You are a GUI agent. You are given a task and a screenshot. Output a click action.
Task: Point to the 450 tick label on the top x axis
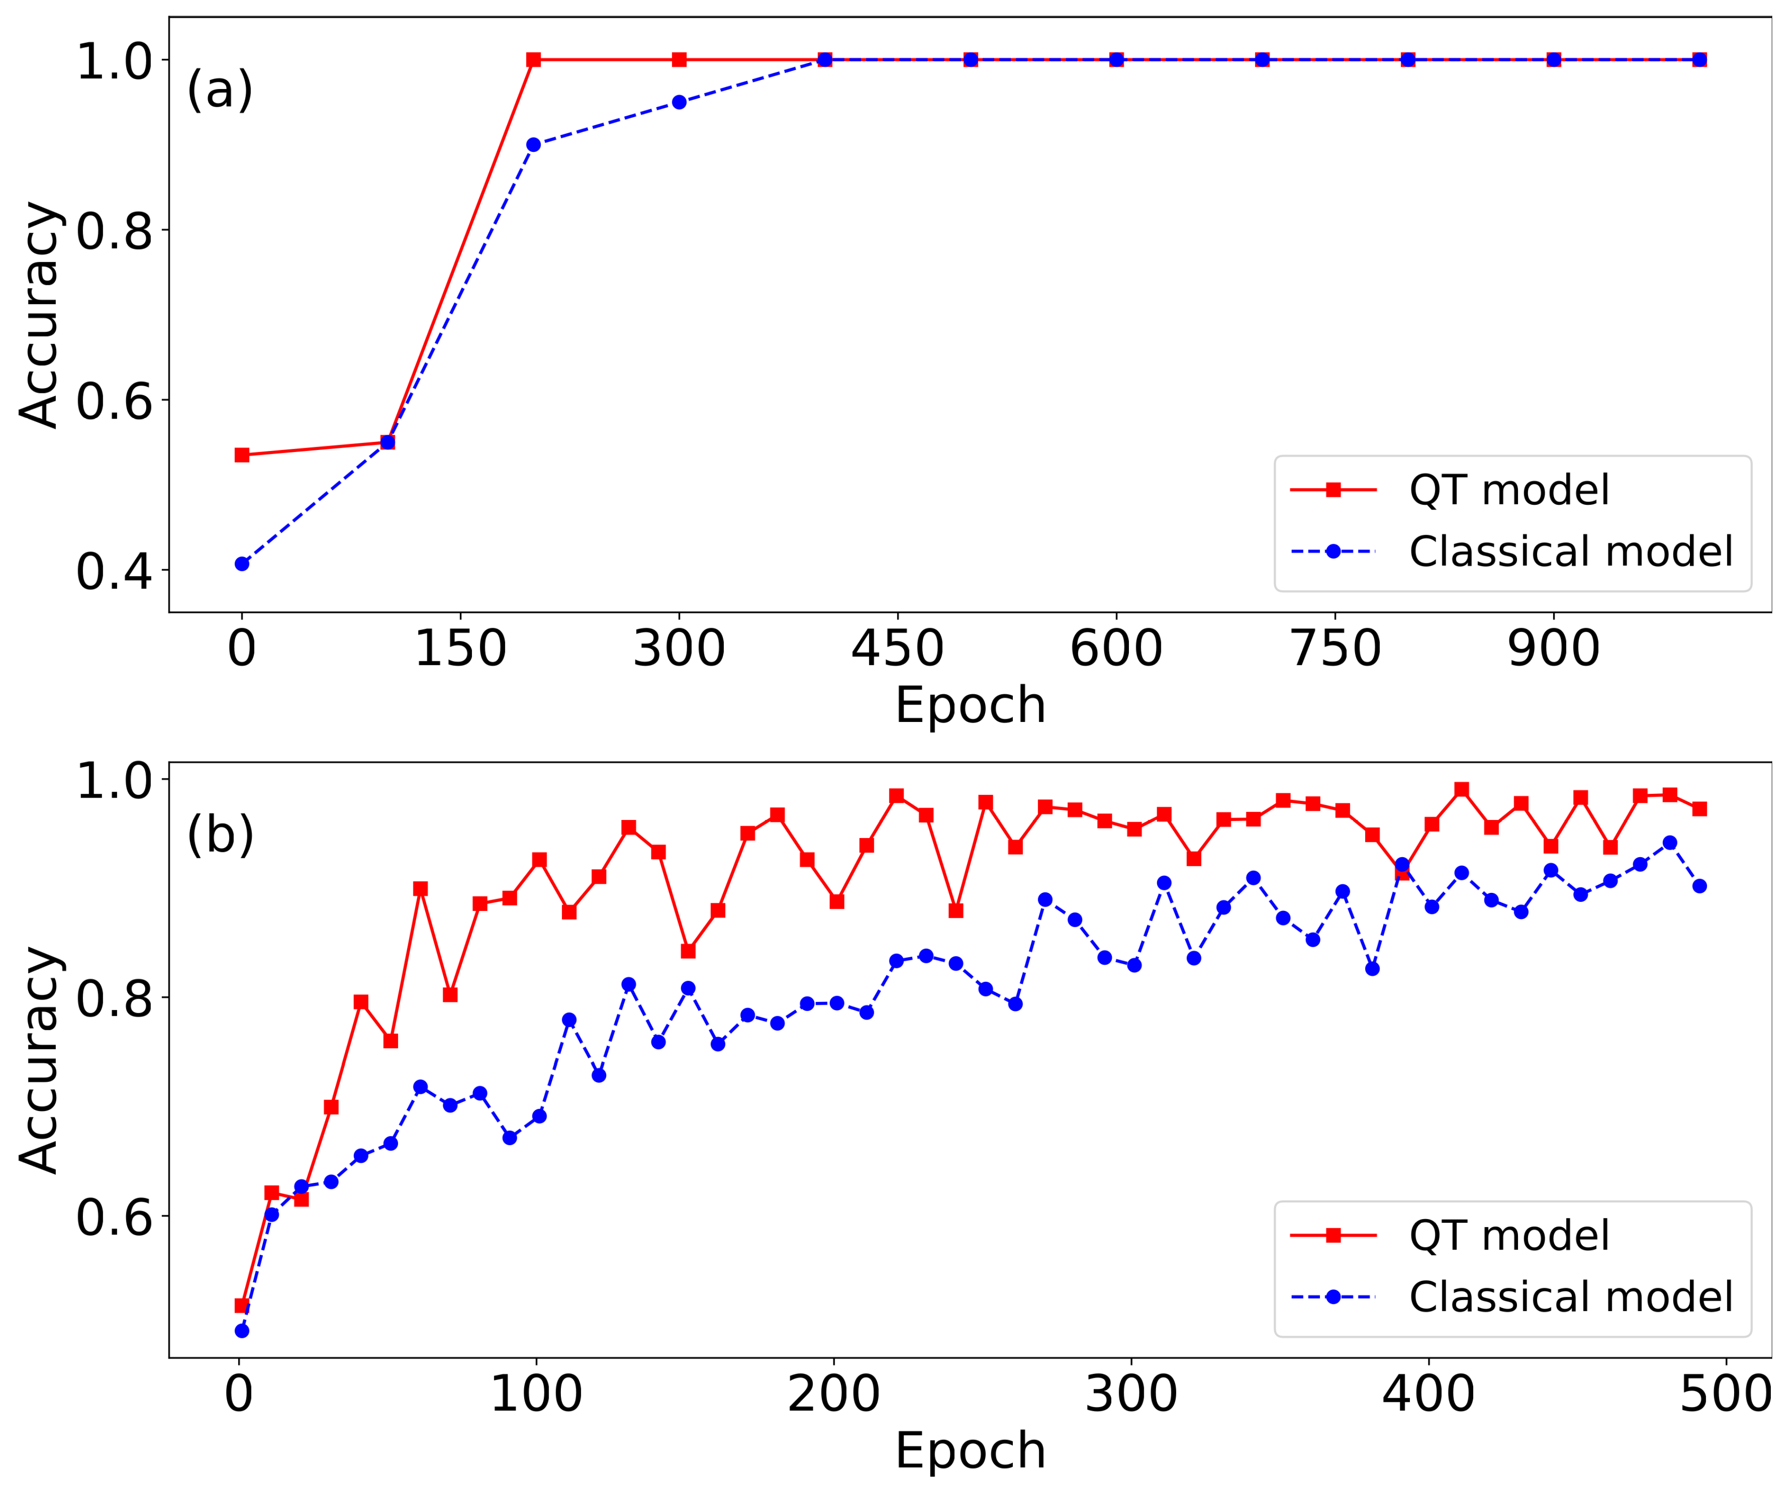click(x=898, y=649)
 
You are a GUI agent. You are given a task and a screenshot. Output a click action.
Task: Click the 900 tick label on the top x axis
click(x=1553, y=649)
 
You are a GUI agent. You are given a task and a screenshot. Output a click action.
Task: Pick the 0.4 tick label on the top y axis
click(x=114, y=571)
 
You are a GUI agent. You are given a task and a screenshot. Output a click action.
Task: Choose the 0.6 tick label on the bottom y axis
click(x=114, y=1217)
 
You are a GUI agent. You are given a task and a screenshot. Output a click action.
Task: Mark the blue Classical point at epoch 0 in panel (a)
click(x=242, y=563)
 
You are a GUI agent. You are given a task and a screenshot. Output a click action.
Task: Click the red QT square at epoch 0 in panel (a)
click(x=242, y=455)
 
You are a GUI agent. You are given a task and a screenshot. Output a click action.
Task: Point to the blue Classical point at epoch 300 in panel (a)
click(x=679, y=102)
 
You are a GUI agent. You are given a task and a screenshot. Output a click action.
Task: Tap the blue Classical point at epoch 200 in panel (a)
click(x=534, y=145)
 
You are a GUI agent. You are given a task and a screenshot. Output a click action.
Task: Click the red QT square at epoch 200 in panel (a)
click(x=534, y=60)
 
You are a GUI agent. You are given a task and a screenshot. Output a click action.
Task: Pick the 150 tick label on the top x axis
click(x=460, y=649)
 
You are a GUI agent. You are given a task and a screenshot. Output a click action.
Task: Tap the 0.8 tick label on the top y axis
click(x=114, y=230)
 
